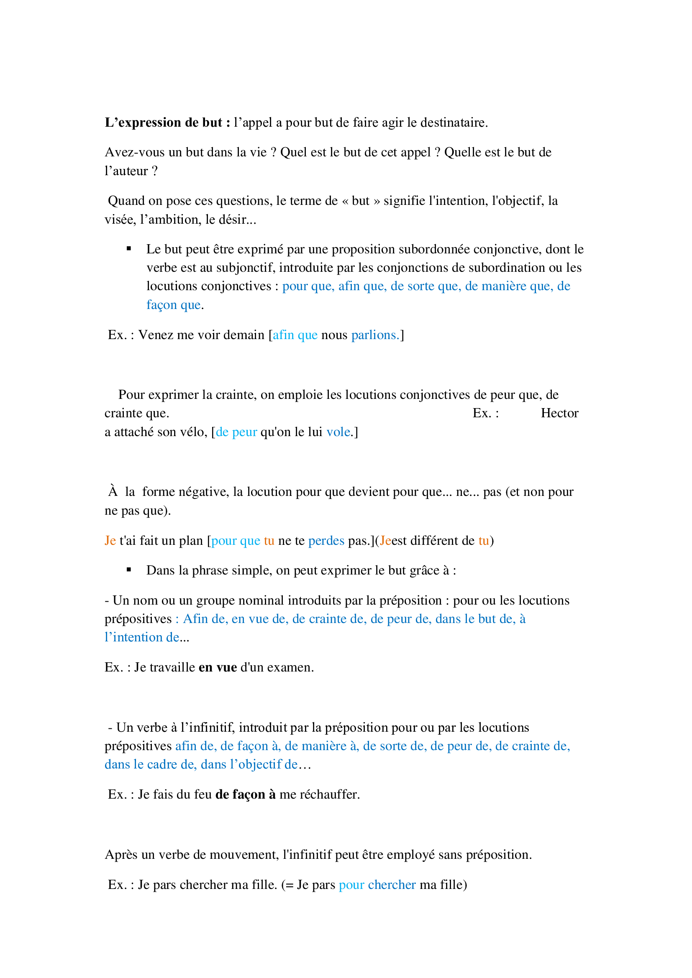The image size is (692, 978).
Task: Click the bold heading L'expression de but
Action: coord(167,123)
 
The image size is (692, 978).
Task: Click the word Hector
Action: coord(559,413)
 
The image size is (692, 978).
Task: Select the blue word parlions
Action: coord(375,335)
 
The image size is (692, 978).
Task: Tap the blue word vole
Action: coord(338,432)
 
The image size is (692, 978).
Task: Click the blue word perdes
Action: coord(326,541)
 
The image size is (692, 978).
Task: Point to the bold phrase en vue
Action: coord(218,667)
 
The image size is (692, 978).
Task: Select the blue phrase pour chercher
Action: coord(377,885)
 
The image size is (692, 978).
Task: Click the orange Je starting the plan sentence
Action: coord(110,541)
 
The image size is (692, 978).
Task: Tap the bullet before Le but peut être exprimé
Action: coord(129,249)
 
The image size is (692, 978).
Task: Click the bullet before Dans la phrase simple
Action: coord(129,570)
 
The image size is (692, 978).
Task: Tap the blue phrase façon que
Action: coord(174,305)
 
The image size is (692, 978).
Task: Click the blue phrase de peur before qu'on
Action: coord(236,432)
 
